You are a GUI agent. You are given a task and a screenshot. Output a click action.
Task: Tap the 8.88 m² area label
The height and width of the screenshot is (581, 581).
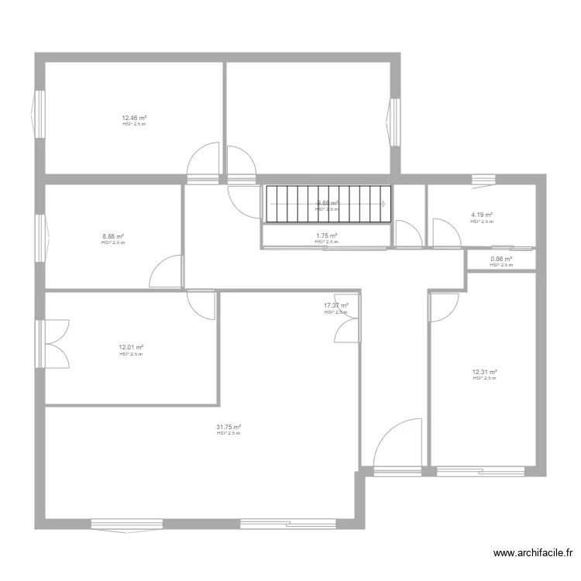[113, 237]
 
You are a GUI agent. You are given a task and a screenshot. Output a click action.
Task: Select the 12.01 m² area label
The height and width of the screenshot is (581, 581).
[131, 348]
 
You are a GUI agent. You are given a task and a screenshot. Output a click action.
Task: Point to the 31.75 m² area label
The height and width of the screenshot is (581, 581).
[229, 427]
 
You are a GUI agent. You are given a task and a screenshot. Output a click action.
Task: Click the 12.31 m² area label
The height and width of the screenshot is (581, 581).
[484, 372]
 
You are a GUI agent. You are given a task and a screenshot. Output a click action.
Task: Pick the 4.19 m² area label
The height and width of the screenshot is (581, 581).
[482, 215]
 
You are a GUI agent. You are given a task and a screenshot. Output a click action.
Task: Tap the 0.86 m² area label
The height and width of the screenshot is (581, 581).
[501, 260]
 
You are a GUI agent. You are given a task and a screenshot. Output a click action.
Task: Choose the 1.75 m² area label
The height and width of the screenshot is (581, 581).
[326, 236]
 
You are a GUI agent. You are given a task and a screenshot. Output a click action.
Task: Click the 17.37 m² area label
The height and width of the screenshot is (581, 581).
[335, 306]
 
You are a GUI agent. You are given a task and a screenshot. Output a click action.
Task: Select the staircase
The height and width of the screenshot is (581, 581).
[326, 205]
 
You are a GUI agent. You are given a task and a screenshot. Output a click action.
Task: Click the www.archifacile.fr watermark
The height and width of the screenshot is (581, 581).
[533, 553]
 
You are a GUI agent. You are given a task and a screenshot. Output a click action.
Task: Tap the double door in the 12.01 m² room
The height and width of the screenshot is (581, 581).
[57, 342]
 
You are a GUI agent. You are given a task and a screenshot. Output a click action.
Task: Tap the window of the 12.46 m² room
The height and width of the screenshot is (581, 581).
[40, 114]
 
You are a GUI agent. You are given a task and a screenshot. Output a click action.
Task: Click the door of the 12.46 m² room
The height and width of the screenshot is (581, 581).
[204, 164]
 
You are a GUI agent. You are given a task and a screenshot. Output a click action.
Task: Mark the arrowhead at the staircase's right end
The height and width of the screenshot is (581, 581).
[383, 204]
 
